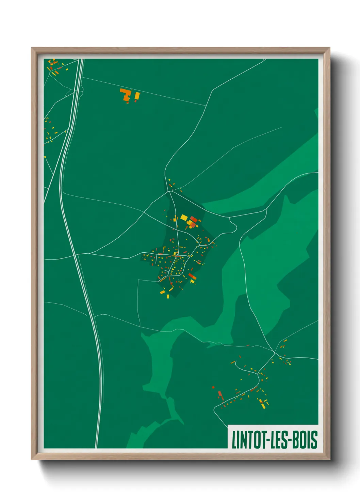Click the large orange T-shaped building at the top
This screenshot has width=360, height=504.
(126, 94)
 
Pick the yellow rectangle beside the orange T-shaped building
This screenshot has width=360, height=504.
(137, 96)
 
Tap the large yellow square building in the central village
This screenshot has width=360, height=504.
(184, 217)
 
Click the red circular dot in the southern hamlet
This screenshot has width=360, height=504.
(213, 387)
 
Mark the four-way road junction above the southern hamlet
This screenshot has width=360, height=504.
(274, 352)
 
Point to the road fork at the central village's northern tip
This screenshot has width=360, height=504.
(169, 192)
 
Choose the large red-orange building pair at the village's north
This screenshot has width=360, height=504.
(193, 221)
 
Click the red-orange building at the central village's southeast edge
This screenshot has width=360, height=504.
(192, 276)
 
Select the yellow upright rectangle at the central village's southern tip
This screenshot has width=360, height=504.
(168, 296)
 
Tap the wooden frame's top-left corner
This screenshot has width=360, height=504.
(33, 49)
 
